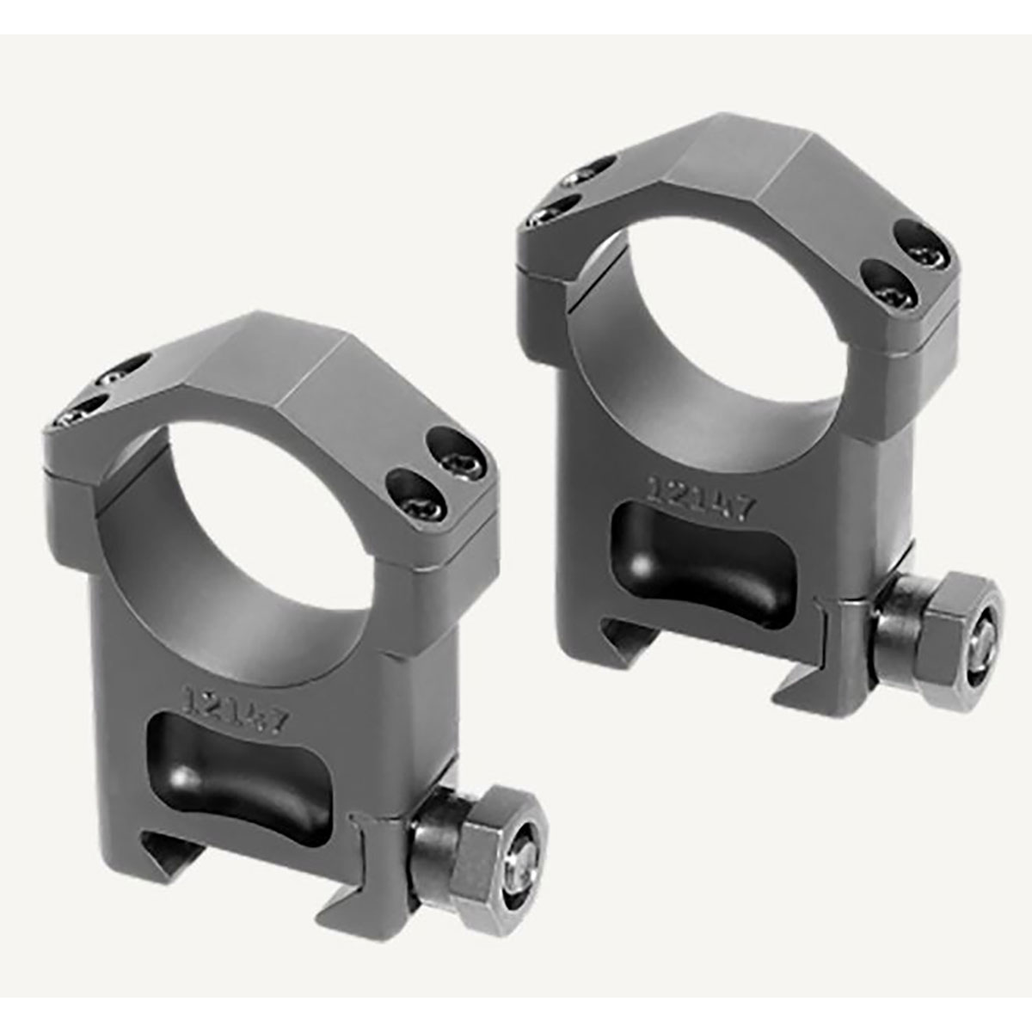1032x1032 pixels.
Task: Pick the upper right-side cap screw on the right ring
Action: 914,235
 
